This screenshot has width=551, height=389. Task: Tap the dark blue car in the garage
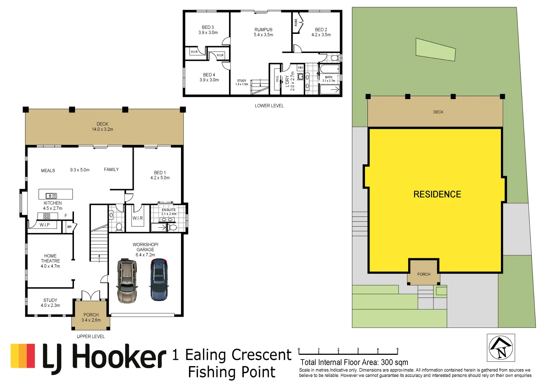pyautogui.click(x=159, y=280)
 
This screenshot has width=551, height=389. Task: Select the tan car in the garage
pyautogui.click(x=127, y=281)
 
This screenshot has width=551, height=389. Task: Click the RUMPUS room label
pyautogui.click(x=264, y=30)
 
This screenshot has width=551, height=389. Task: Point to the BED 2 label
pyautogui.click(x=321, y=30)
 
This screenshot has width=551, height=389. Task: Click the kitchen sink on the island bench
pyautogui.click(x=52, y=196)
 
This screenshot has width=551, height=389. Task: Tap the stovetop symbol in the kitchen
pyautogui.click(x=47, y=216)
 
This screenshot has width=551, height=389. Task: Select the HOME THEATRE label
pyautogui.click(x=50, y=258)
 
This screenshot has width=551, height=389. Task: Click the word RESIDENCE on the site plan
pyautogui.click(x=437, y=194)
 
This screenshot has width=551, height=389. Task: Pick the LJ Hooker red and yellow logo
pyautogui.click(x=23, y=356)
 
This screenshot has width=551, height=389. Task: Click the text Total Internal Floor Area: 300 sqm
pyautogui.click(x=354, y=362)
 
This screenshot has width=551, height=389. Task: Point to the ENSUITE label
pyautogui.click(x=169, y=210)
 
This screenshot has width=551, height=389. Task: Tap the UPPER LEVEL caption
pyautogui.click(x=91, y=336)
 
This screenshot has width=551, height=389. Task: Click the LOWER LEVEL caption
pyautogui.click(x=269, y=106)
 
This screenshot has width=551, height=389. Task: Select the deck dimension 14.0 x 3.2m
pyautogui.click(x=102, y=129)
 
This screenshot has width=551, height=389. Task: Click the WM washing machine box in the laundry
pyautogui.click(x=300, y=68)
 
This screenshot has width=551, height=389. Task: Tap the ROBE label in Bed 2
pyautogui.click(x=296, y=22)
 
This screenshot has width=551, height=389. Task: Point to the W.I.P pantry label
pyautogui.click(x=44, y=225)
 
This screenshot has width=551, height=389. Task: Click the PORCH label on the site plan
pyautogui.click(x=424, y=274)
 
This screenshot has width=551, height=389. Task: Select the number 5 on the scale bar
pyautogui.click(x=397, y=349)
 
